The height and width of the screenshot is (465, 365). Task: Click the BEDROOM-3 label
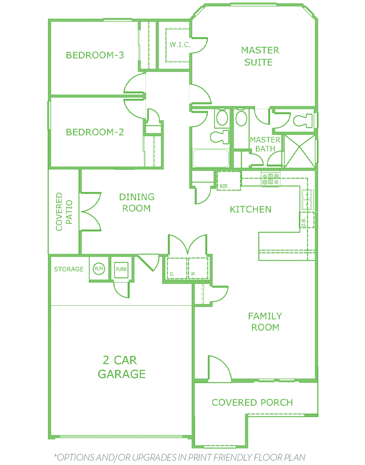click(95, 55)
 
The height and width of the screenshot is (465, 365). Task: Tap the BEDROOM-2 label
click(95, 132)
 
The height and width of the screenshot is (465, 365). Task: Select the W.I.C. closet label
click(180, 45)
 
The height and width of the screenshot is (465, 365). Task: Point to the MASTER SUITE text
click(260, 56)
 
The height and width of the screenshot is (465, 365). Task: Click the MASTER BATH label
click(265, 144)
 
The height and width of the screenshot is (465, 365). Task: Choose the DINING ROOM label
click(137, 203)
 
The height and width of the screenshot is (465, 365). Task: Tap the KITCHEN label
click(250, 210)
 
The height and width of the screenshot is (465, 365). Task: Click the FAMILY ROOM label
click(265, 322)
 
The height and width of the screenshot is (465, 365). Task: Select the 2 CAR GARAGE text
click(122, 367)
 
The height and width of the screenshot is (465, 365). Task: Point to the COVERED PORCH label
click(252, 402)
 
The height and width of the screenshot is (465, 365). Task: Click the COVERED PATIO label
click(64, 212)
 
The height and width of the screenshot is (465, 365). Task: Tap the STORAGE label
click(69, 269)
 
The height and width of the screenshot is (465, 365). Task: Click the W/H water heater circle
click(99, 269)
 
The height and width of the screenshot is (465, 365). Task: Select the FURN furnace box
click(121, 269)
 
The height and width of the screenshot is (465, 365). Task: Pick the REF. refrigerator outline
click(228, 181)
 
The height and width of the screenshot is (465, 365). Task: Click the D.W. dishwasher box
click(307, 220)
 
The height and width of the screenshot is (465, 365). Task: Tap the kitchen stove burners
click(271, 179)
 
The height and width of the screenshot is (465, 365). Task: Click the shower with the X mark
click(300, 151)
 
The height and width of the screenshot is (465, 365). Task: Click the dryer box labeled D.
click(177, 268)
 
